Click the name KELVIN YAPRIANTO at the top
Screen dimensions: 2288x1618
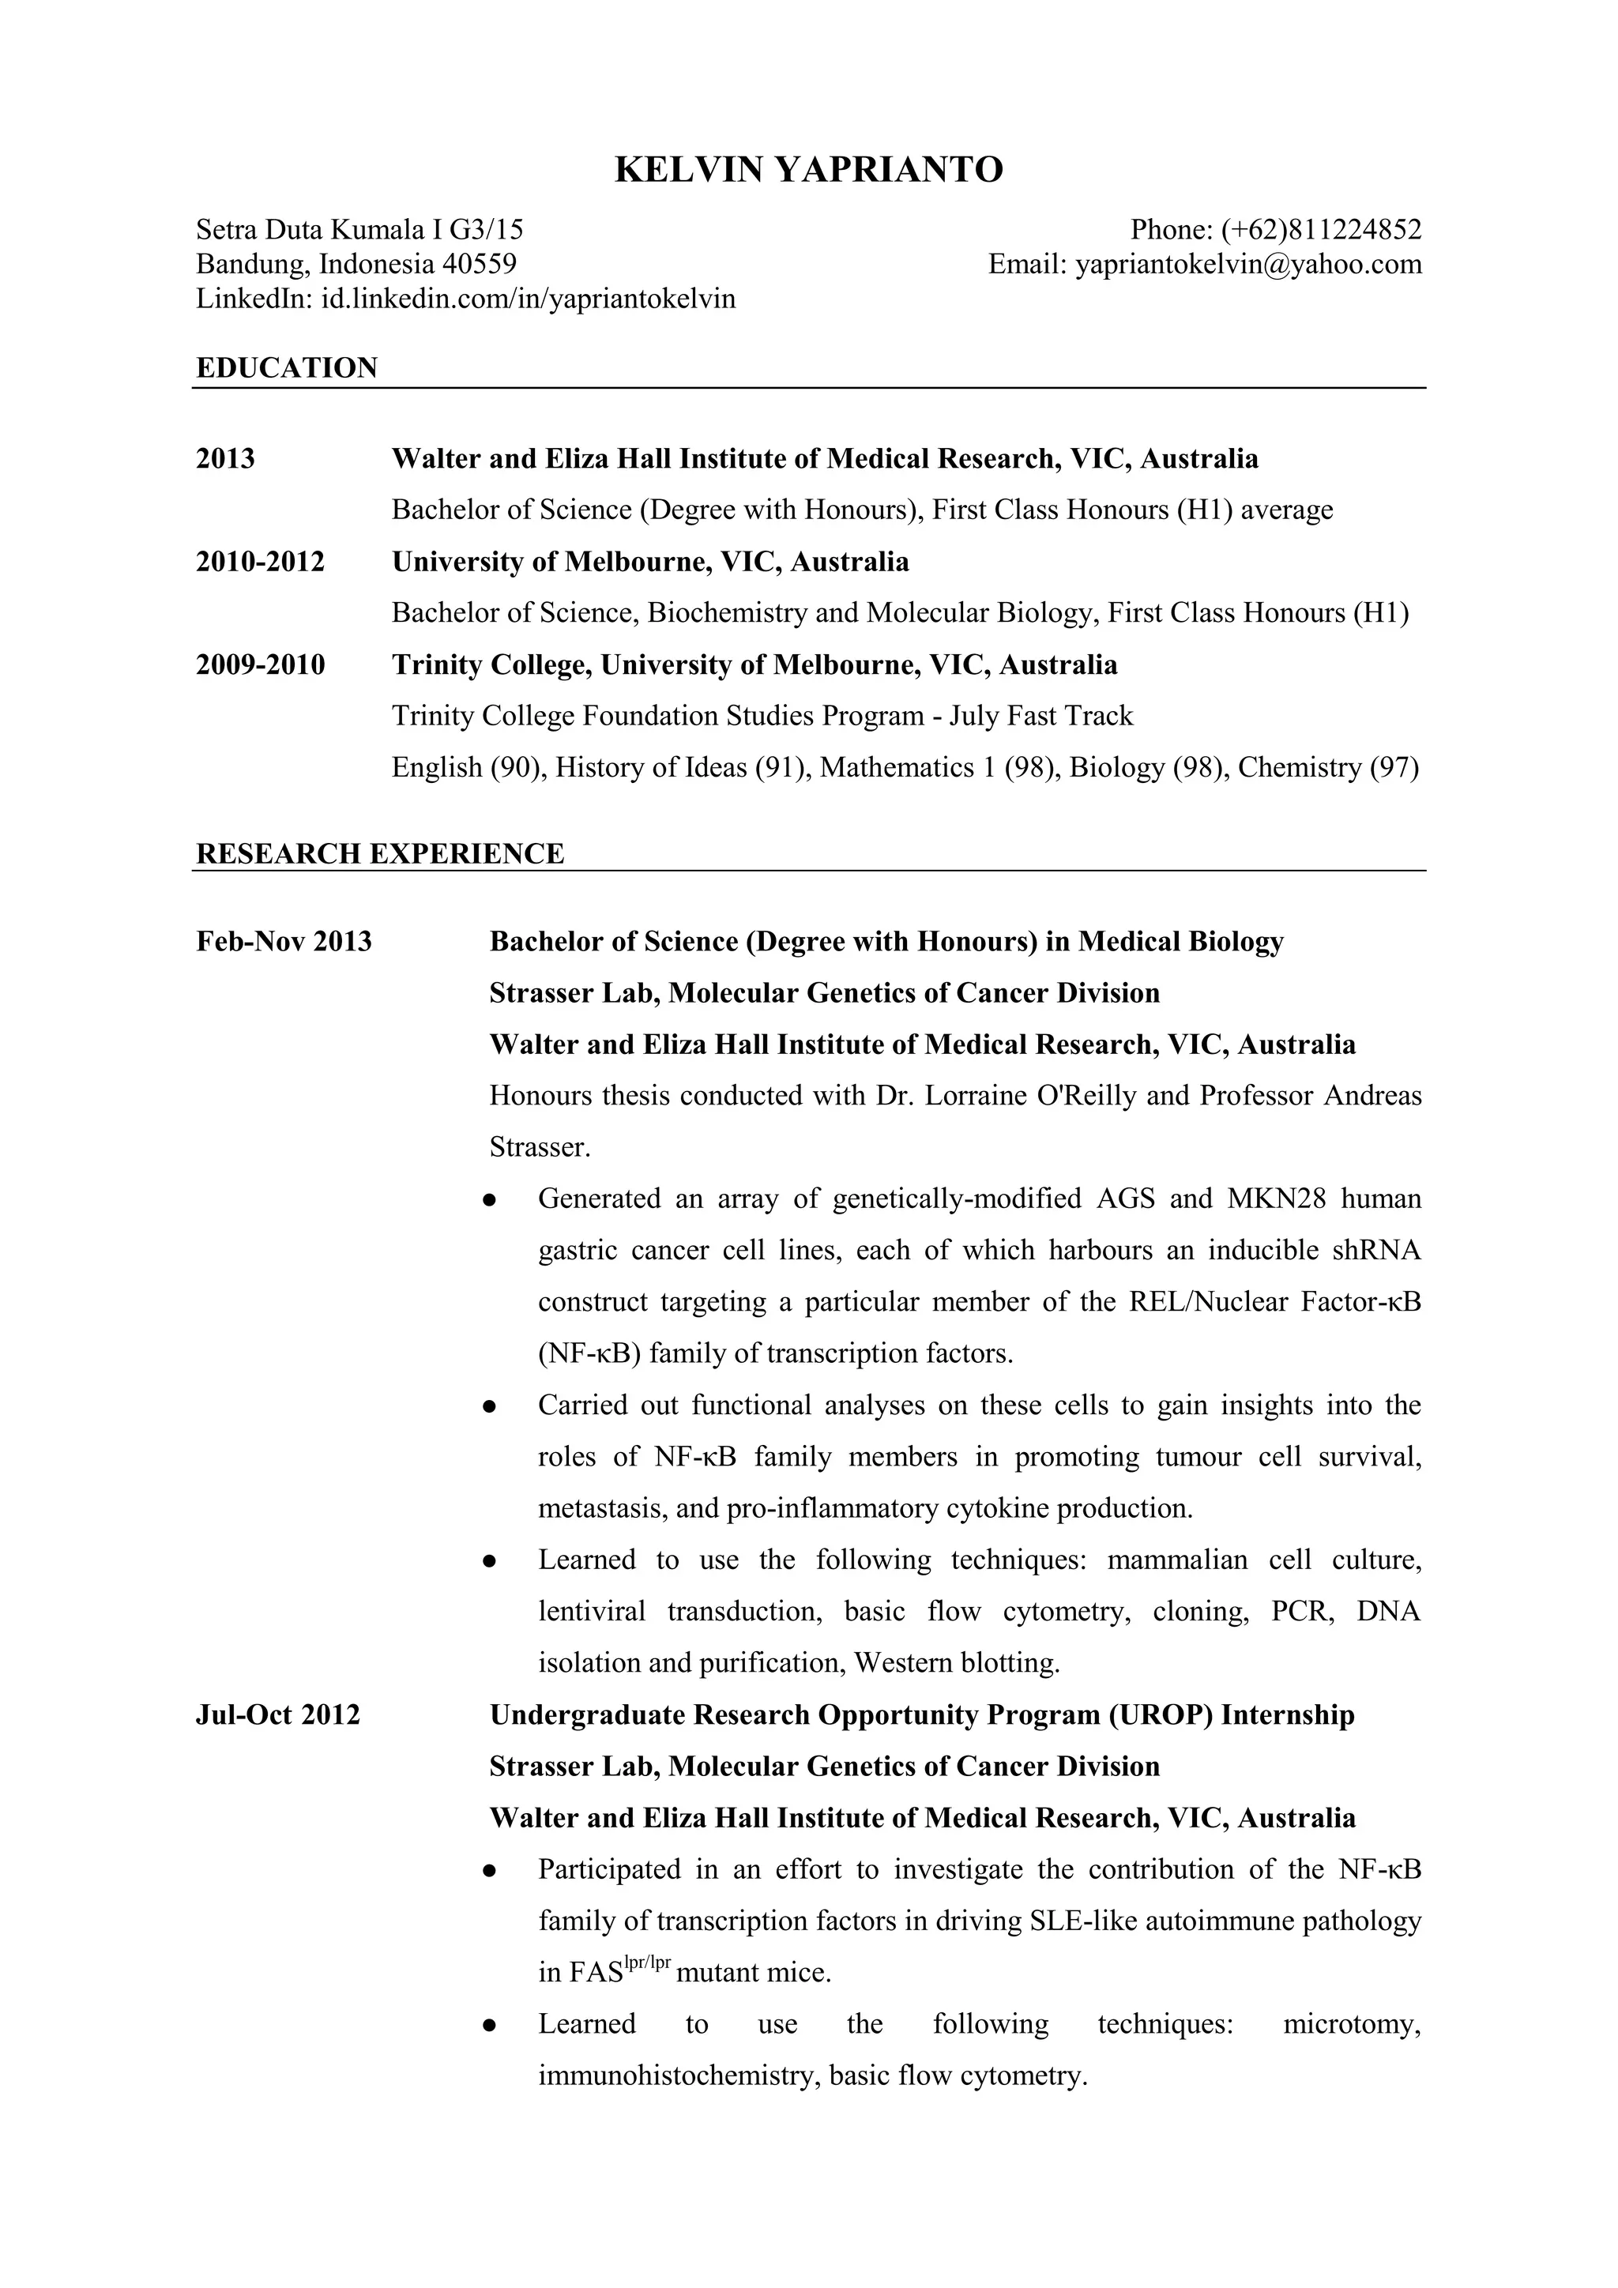click(808, 171)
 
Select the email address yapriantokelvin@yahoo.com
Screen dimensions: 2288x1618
click(1247, 264)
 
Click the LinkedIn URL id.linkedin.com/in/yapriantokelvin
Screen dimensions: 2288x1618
click(527, 298)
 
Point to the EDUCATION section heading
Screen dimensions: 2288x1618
click(287, 367)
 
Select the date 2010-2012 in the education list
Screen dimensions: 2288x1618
click(260, 561)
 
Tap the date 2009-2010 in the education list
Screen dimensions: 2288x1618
click(260, 664)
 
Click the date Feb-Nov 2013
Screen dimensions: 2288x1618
click(284, 941)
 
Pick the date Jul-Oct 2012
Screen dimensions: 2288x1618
click(278, 1715)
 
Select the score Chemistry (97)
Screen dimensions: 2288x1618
click(1328, 767)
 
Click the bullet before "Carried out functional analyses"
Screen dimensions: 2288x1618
click(489, 1406)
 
